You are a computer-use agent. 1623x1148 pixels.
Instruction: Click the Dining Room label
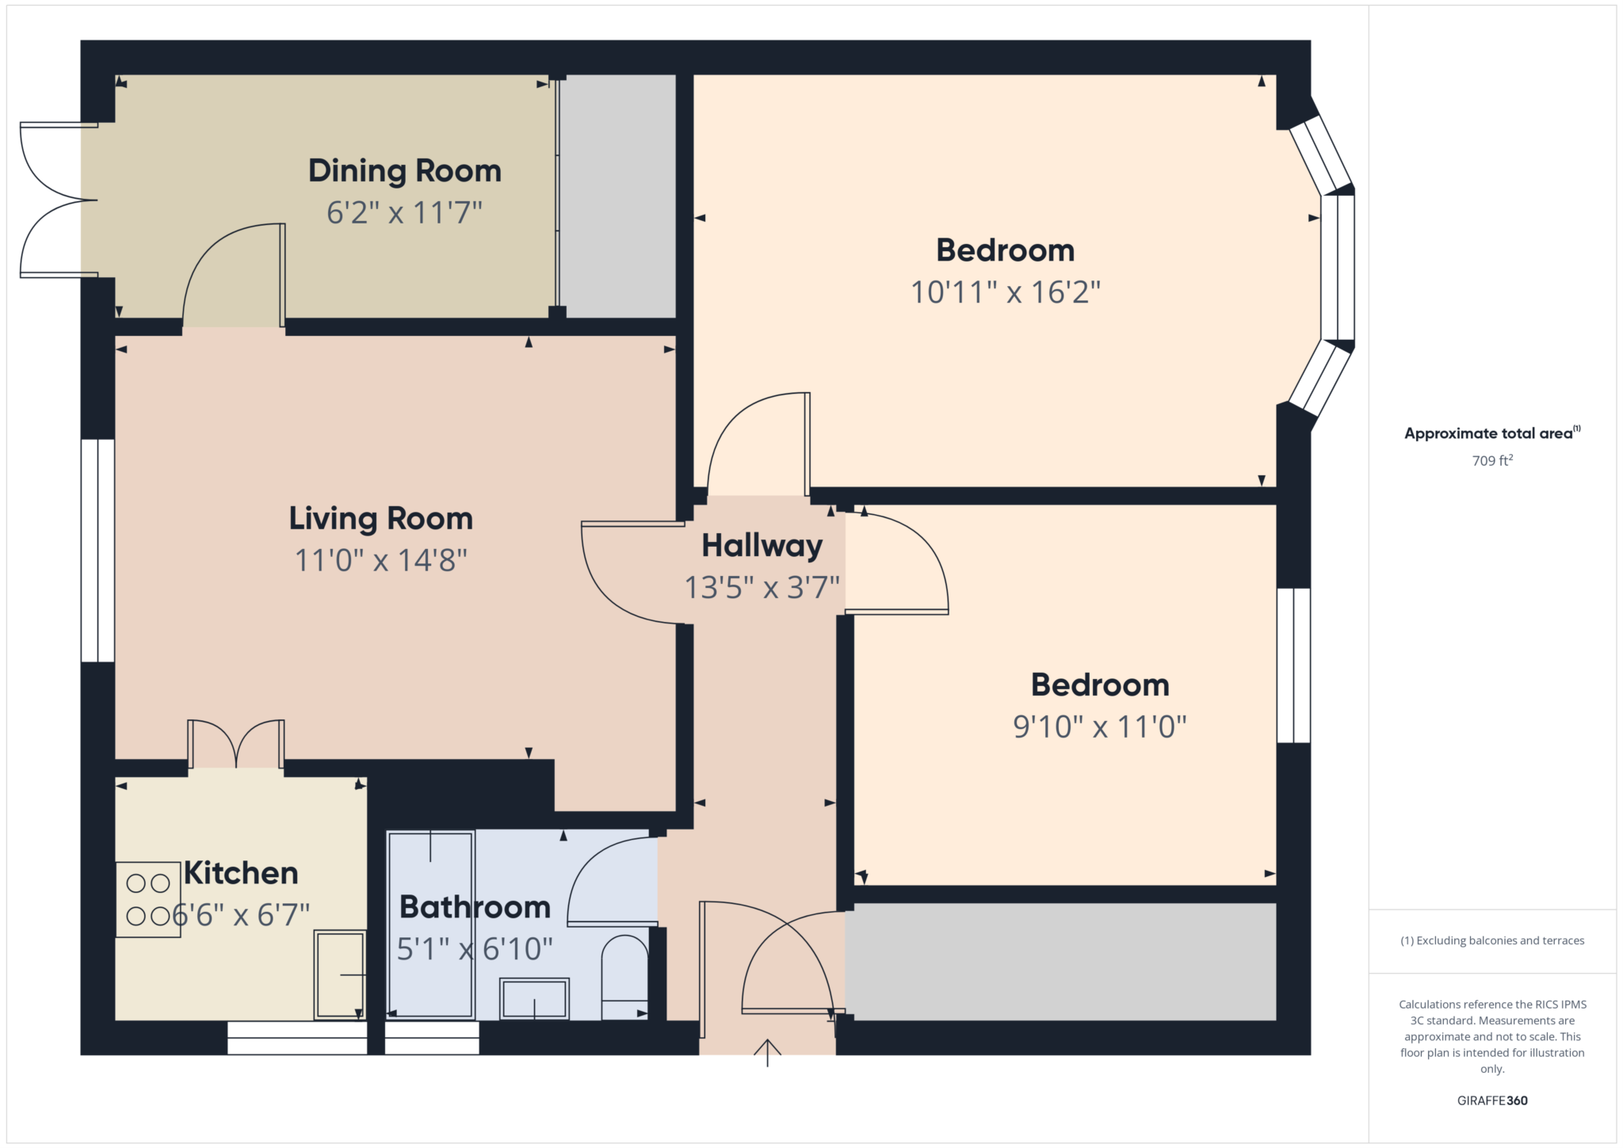click(x=404, y=171)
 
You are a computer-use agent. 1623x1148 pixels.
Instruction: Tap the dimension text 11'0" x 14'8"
click(x=380, y=560)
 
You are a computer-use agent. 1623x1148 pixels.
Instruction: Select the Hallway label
click(x=762, y=546)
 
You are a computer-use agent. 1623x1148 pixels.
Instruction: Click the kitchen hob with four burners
click(x=148, y=899)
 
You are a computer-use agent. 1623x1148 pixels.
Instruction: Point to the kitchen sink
click(x=340, y=974)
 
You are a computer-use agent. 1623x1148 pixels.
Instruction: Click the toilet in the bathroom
click(x=624, y=978)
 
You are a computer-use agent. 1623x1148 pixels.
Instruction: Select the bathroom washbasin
click(x=534, y=998)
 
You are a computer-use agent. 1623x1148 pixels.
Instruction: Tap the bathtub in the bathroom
click(x=430, y=923)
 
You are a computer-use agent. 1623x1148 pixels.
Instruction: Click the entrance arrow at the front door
click(x=766, y=1052)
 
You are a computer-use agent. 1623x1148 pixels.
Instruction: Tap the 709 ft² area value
click(x=1491, y=460)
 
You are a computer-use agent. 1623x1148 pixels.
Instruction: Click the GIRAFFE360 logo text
click(x=1491, y=1100)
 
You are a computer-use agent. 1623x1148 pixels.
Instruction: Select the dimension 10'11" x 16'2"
click(x=1005, y=292)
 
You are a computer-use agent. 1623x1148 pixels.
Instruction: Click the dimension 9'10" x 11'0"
click(x=1099, y=727)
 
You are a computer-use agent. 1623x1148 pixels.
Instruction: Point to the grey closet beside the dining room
click(x=618, y=196)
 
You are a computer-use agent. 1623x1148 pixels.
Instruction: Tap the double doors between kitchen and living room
click(x=236, y=745)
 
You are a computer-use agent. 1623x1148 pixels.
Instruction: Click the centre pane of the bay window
click(x=1338, y=268)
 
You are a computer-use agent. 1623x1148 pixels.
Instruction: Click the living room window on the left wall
click(x=97, y=550)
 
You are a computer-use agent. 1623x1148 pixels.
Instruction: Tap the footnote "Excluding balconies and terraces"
click(x=1491, y=940)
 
